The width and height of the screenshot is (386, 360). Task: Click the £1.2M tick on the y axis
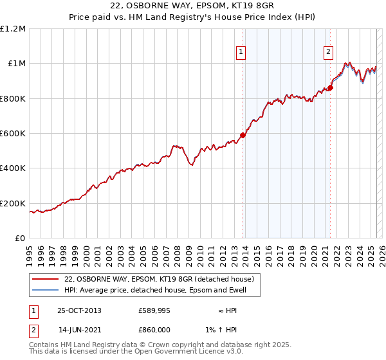[x=14, y=28]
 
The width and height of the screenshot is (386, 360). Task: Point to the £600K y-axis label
[x=14, y=134]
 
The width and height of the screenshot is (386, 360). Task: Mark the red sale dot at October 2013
[x=243, y=135]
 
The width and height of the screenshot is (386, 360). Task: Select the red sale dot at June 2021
[x=330, y=87]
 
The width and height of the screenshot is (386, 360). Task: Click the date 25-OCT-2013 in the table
[x=79, y=310]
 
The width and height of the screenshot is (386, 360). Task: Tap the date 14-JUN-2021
[x=79, y=330]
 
